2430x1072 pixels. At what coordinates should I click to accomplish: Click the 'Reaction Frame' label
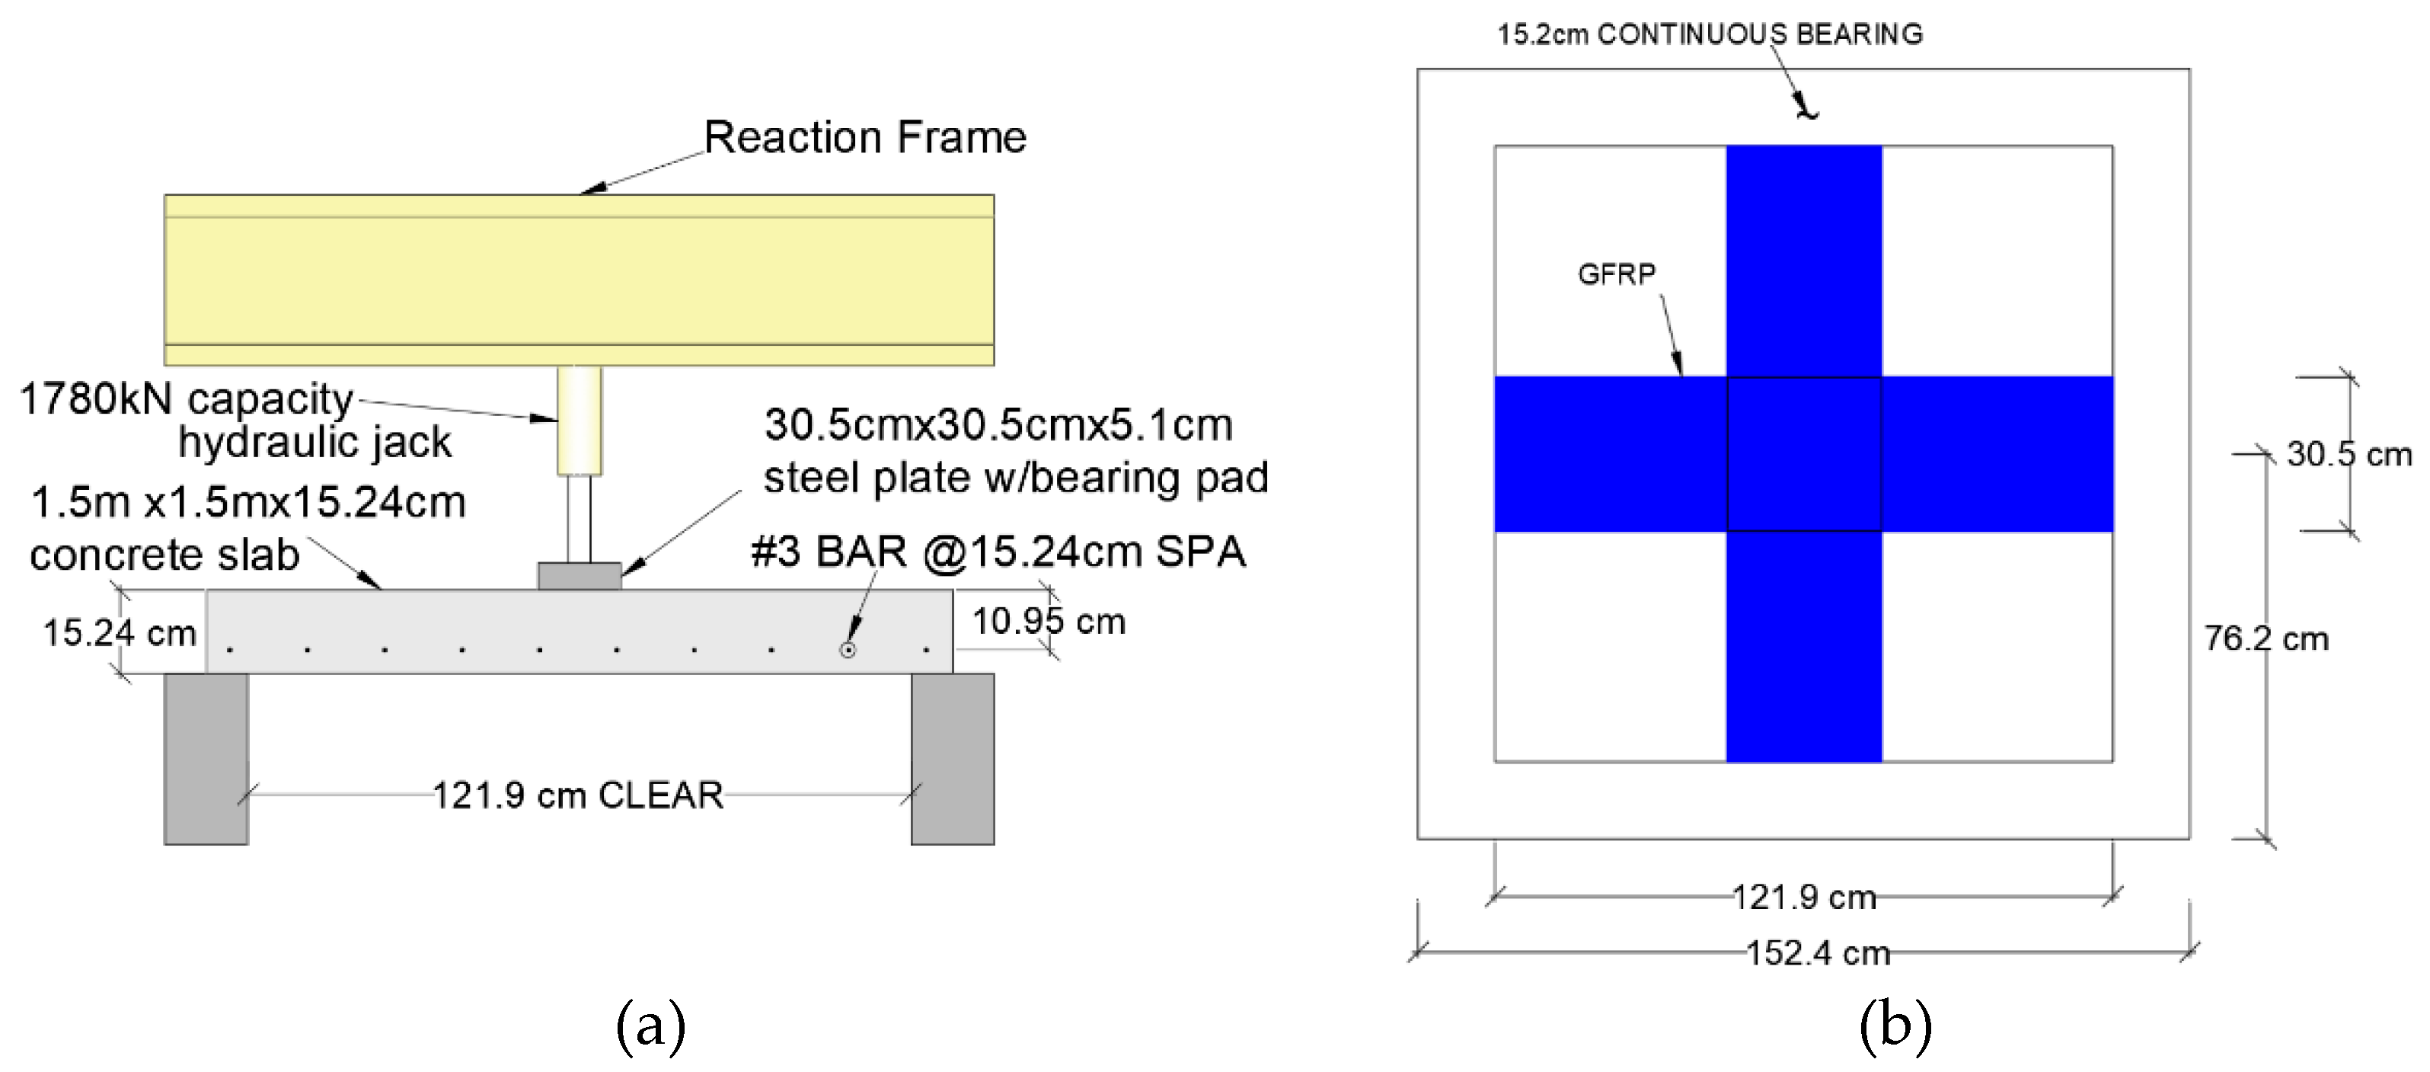pyautogui.click(x=864, y=138)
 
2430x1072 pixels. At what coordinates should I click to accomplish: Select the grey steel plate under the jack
pyautogui.click(x=580, y=576)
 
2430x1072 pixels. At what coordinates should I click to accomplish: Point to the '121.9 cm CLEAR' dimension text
pyautogui.click(x=577, y=795)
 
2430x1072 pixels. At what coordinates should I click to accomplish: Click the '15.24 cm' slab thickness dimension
pyautogui.click(x=119, y=632)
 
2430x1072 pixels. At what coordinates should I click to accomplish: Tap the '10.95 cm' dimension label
pyautogui.click(x=1048, y=621)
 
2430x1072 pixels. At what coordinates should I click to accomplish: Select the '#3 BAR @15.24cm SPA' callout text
pyautogui.click(x=998, y=551)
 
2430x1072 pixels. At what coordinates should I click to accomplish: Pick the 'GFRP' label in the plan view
pyautogui.click(x=1616, y=274)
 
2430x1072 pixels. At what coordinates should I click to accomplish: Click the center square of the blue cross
pyautogui.click(x=1803, y=454)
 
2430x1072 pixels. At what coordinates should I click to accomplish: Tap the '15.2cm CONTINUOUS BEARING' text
pyautogui.click(x=1710, y=34)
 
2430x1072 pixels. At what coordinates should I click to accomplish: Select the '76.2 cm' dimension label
pyautogui.click(x=2266, y=639)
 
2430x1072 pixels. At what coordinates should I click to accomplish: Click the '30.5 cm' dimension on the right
pyautogui.click(x=2348, y=454)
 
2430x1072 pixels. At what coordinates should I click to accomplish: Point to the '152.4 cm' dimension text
pyautogui.click(x=1818, y=953)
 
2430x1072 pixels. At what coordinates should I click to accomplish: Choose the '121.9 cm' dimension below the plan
pyautogui.click(x=1803, y=897)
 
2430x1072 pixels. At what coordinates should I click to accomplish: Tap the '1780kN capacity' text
pyautogui.click(x=186, y=398)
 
